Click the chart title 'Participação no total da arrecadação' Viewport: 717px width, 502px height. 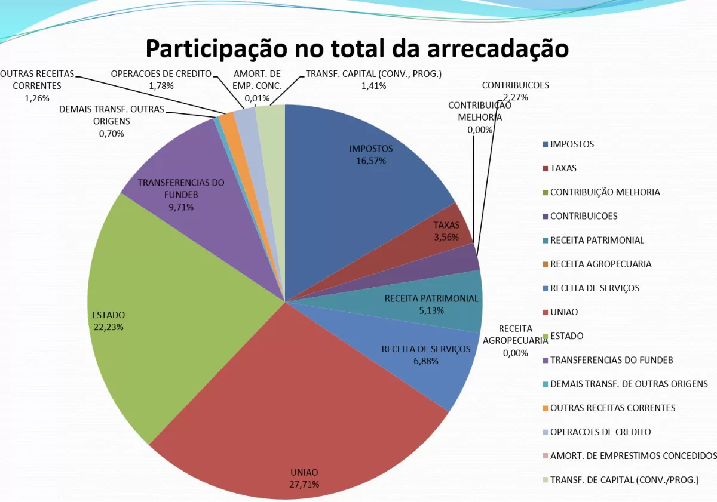tap(357, 48)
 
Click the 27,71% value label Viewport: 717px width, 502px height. tap(305, 484)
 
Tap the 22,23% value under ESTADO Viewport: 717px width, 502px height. tap(109, 327)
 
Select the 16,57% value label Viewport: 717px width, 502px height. tap(371, 161)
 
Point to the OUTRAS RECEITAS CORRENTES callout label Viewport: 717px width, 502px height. tap(37, 85)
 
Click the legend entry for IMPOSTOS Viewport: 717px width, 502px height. tap(572, 144)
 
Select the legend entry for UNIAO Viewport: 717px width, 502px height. tap(564, 312)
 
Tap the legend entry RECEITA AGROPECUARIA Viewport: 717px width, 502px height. tap(600, 264)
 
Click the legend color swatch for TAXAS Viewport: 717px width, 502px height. tap(545, 168)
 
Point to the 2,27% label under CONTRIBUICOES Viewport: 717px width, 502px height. tap(516, 97)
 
